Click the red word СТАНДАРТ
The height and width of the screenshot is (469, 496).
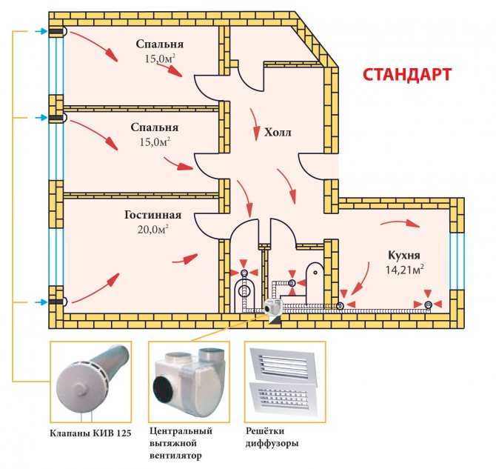[x=407, y=75]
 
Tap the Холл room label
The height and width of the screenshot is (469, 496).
[x=278, y=132]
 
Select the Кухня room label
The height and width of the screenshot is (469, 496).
[x=404, y=255]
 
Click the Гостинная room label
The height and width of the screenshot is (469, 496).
[x=153, y=215]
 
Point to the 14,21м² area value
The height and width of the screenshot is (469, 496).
[x=404, y=270]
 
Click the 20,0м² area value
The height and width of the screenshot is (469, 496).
[x=153, y=229]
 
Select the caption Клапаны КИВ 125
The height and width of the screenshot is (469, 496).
[x=90, y=433]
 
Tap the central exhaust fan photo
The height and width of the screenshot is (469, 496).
[x=190, y=382]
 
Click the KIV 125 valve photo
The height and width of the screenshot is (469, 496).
[x=91, y=382]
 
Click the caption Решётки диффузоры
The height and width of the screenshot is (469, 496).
[x=272, y=437]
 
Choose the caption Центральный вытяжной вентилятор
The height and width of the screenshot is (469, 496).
[x=181, y=443]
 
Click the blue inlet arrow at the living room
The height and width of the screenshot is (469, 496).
[x=41, y=302]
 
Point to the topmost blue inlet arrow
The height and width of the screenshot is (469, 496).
[x=41, y=31]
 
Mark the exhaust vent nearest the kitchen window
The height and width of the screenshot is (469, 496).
[x=429, y=305]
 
